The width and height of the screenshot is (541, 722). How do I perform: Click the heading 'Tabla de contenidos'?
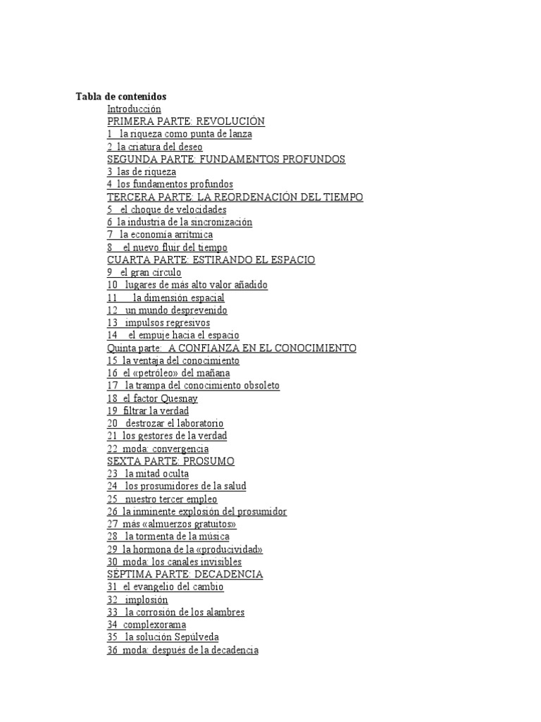(x=121, y=96)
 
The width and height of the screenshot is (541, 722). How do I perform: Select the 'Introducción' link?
(x=134, y=109)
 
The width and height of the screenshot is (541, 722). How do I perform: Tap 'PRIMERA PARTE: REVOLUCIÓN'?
(x=185, y=121)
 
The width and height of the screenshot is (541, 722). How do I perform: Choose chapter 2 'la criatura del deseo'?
(x=155, y=147)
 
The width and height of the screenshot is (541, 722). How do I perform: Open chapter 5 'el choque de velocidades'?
(x=167, y=209)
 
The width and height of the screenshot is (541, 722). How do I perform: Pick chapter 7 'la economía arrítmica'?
(x=160, y=234)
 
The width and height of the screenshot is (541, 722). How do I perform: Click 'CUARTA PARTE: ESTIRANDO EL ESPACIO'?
(x=211, y=259)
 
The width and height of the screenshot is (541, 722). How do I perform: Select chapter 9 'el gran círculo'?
(x=144, y=272)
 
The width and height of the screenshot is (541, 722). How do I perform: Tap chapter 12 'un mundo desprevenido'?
(x=167, y=310)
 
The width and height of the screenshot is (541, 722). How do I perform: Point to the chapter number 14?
(x=113, y=336)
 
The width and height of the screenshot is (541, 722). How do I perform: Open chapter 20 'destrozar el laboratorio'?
(x=166, y=423)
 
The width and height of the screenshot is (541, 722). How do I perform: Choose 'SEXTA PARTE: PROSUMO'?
(x=170, y=460)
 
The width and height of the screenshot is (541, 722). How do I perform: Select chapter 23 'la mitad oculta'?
(x=148, y=474)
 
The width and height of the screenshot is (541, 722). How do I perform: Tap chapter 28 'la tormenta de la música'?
(x=168, y=537)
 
